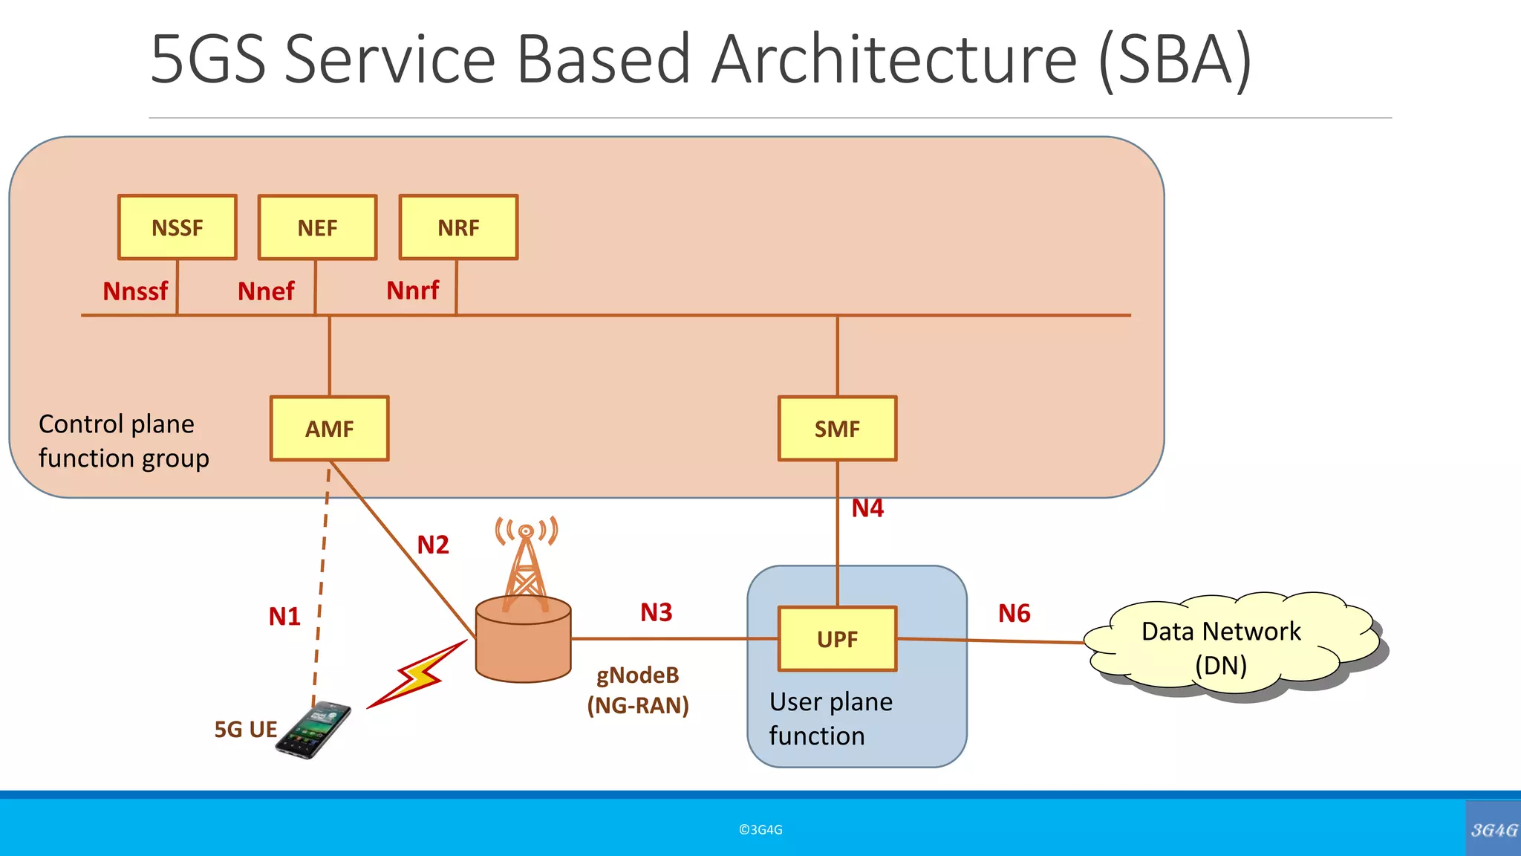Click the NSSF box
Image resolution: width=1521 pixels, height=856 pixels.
[177, 227]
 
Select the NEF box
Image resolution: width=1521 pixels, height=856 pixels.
[317, 227]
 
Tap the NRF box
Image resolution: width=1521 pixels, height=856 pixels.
[458, 227]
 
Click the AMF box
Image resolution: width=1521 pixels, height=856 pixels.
[329, 429]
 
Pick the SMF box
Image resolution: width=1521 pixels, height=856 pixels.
[837, 429]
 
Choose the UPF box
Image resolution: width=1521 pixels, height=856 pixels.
[837, 639]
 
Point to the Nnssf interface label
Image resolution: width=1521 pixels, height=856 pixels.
[135, 291]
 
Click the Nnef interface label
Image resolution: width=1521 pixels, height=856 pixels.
[266, 291]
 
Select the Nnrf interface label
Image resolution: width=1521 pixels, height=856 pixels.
[413, 291]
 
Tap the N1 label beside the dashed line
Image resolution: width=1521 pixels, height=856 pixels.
[284, 617]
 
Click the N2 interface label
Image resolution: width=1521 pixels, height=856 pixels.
[433, 545]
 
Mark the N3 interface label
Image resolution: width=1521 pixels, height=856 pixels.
[657, 612]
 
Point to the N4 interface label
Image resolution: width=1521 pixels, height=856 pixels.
[867, 508]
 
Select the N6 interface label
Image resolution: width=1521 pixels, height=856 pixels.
[1014, 614]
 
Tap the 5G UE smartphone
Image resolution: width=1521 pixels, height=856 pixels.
[314, 730]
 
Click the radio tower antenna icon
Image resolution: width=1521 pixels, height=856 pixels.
[526, 565]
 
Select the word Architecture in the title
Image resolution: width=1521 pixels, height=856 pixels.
[894, 59]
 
